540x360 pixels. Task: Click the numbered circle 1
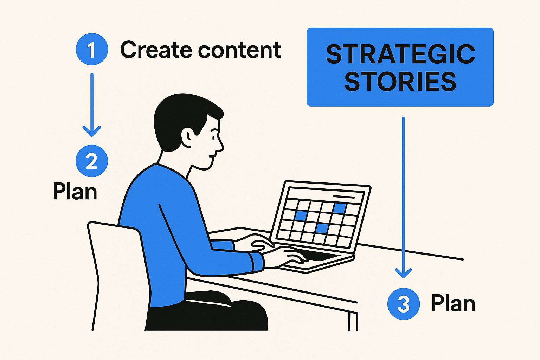[92, 50]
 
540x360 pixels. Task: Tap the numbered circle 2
[92, 161]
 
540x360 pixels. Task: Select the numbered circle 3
[403, 304]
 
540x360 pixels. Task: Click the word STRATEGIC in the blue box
[400, 54]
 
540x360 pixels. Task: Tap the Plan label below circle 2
[75, 192]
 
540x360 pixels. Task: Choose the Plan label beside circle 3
[453, 303]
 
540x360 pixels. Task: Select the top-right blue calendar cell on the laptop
[340, 208]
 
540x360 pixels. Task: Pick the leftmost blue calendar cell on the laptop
[301, 216]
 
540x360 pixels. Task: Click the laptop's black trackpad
[319, 256]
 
